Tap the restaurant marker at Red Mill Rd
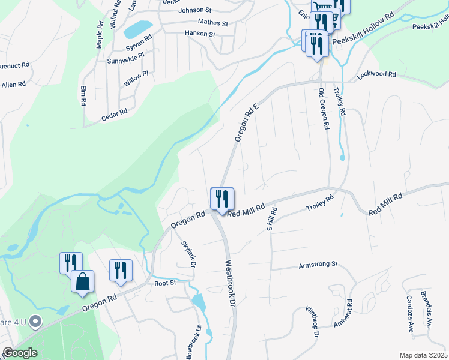222,199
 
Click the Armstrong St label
319,264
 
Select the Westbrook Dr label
229,284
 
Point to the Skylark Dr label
189,254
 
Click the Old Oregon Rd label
324,109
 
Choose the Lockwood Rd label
376,74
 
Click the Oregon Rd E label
246,121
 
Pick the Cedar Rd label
114,112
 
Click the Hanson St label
200,34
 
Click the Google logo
19,353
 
